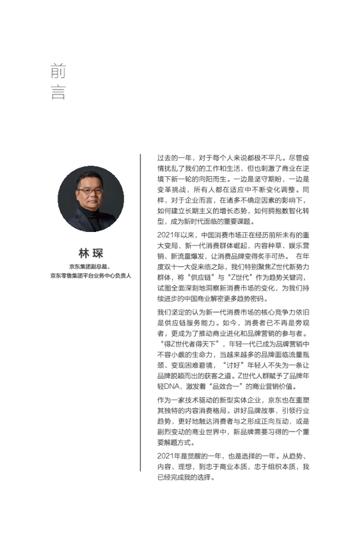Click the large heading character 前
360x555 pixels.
58,72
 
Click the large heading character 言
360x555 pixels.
58,93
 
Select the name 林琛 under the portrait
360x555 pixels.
91,253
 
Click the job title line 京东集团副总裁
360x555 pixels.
90,267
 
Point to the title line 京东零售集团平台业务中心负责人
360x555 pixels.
91,276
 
